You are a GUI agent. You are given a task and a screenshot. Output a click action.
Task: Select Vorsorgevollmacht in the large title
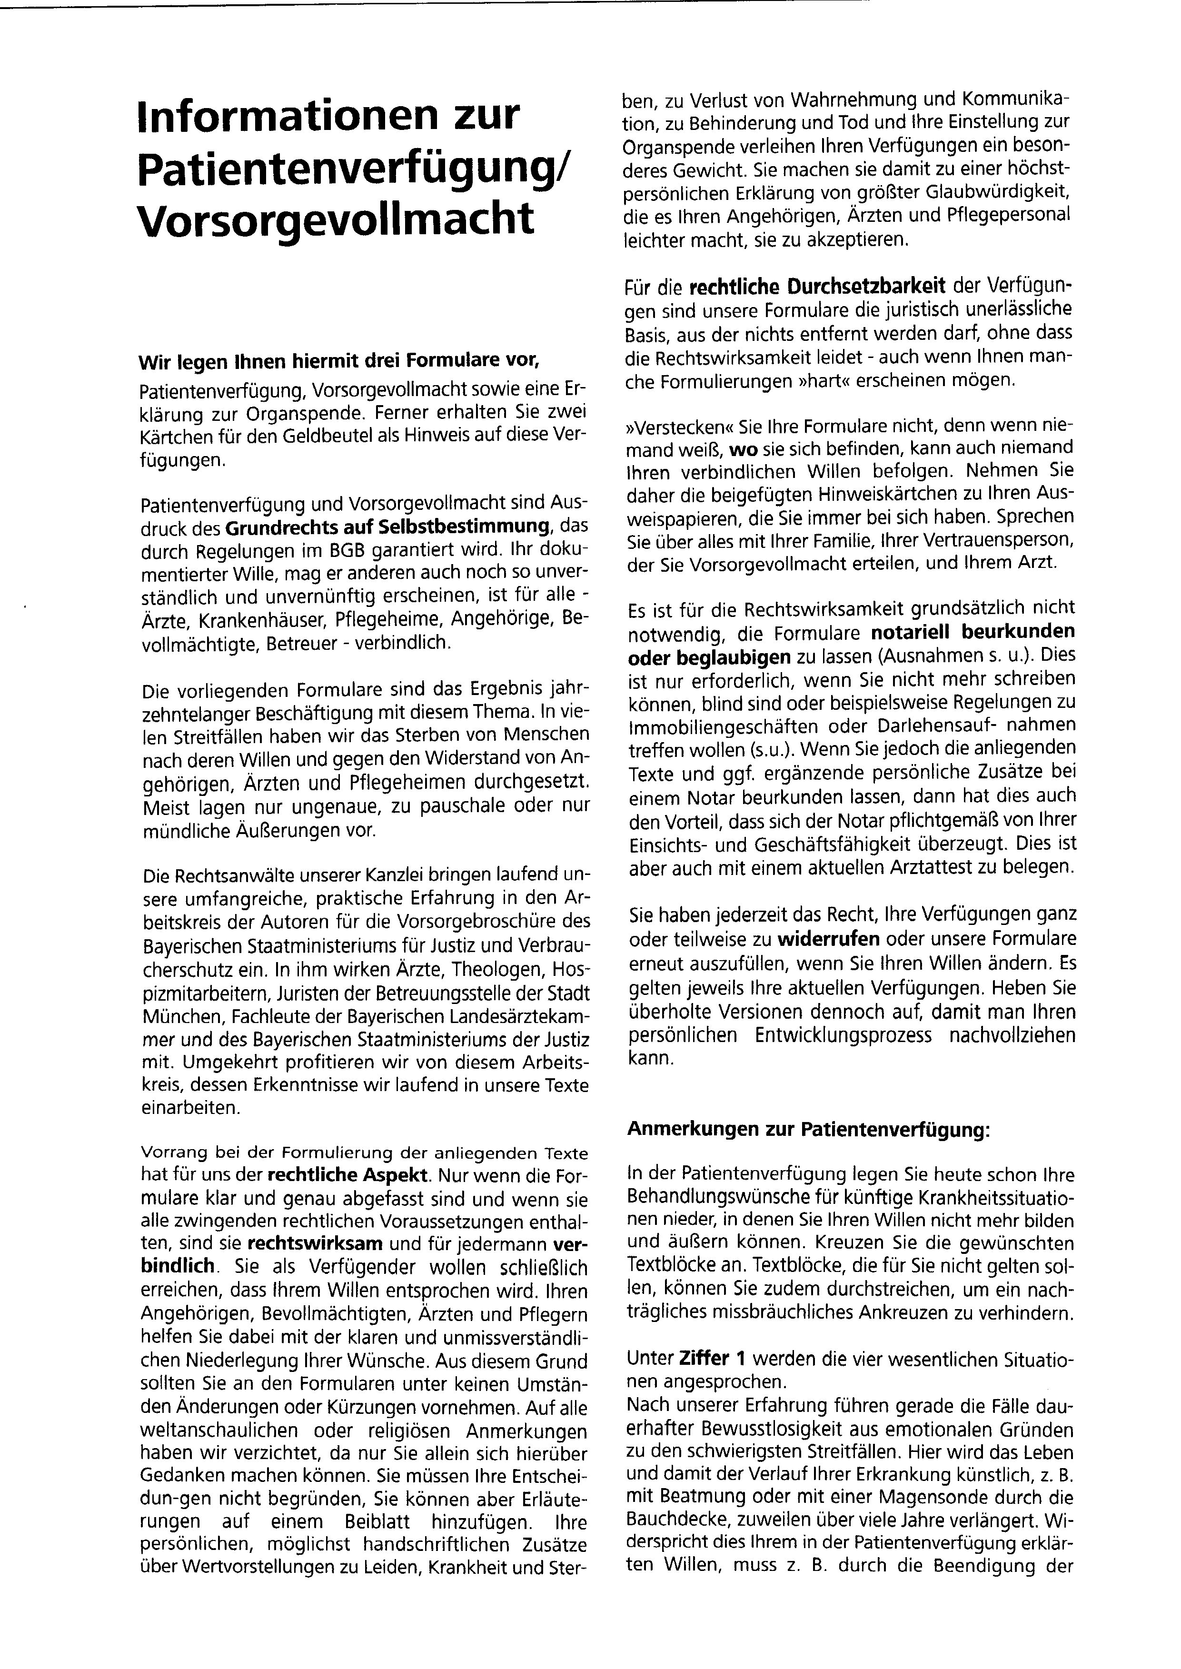[x=335, y=218]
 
